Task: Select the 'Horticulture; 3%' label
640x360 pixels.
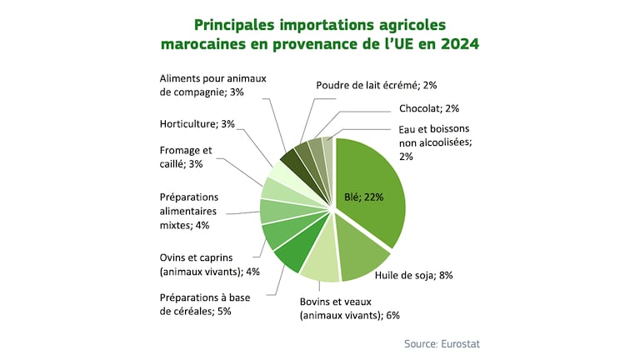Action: (197, 124)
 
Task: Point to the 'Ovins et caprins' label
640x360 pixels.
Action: (209, 264)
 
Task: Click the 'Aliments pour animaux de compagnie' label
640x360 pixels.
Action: (212, 85)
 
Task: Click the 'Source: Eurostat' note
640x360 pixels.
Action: (442, 343)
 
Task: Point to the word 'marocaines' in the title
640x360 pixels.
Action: (204, 43)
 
